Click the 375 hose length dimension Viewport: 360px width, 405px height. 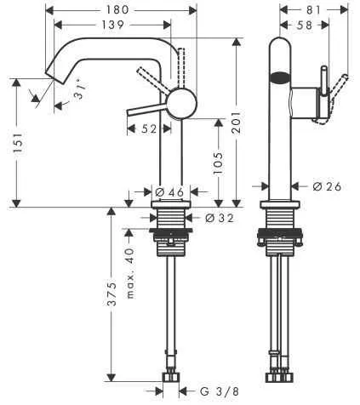tap(113, 316)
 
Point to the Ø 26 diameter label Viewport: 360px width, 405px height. tap(327, 186)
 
